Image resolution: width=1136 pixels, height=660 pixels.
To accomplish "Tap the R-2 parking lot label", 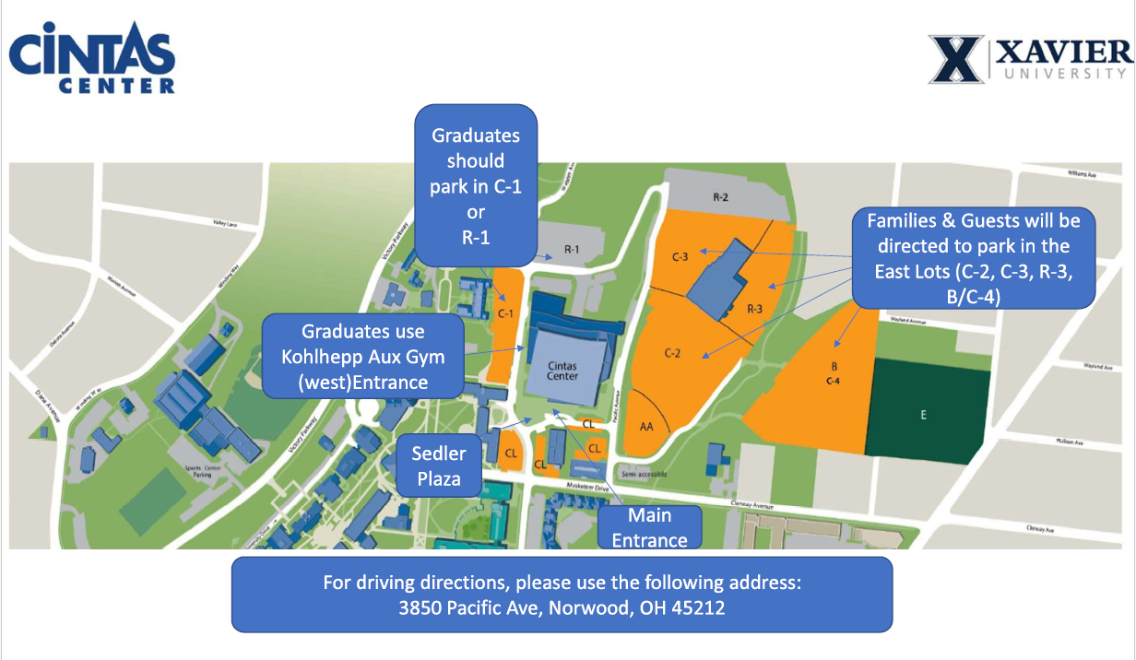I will (721, 197).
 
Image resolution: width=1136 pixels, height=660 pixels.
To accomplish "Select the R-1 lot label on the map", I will (572, 250).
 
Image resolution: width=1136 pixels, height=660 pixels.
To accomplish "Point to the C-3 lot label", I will (680, 256).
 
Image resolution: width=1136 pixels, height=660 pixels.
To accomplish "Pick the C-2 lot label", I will (672, 353).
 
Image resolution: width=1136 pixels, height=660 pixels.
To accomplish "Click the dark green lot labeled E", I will (923, 415).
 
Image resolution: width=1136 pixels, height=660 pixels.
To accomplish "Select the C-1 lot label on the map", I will (504, 314).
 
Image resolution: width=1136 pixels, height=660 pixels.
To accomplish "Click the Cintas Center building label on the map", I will (562, 371).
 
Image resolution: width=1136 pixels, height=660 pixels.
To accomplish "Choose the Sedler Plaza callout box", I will (439, 466).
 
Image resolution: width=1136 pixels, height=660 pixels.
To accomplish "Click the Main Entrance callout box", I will (649, 527).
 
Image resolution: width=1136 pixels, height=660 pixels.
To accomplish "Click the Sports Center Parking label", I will (200, 473).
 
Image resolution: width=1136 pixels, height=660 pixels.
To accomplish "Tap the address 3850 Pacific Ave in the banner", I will (562, 608).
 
